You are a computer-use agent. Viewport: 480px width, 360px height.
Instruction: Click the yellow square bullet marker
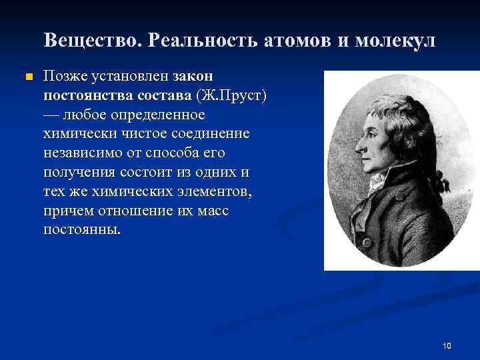[27, 77]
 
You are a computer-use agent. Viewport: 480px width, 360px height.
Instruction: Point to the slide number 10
[447, 345]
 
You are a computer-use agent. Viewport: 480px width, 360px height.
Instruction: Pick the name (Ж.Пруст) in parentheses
[236, 95]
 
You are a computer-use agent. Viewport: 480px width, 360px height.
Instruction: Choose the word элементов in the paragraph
[216, 192]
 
